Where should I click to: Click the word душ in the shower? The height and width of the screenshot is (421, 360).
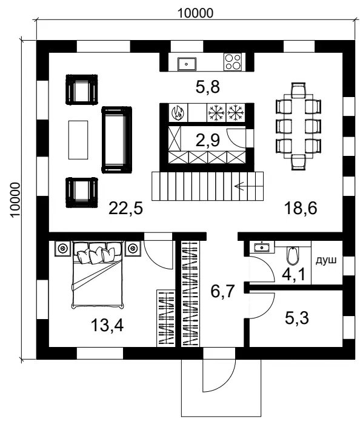[x=325, y=260]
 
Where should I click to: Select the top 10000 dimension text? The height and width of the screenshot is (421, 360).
[x=195, y=12]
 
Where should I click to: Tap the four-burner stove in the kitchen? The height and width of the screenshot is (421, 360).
[x=233, y=61]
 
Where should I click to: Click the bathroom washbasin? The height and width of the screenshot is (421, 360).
[x=262, y=247]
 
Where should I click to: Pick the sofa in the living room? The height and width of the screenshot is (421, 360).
[x=116, y=138]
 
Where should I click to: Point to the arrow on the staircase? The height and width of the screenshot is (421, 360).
[x=245, y=187]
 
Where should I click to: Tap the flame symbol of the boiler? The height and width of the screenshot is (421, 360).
[x=178, y=112]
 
